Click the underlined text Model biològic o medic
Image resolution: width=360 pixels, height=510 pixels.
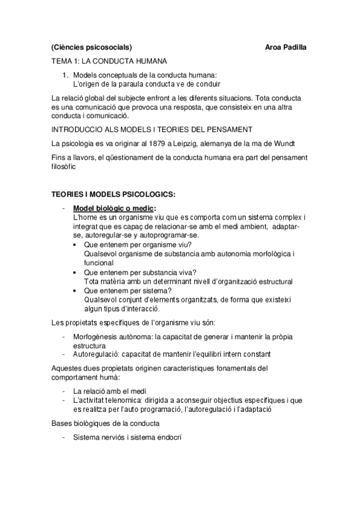[x=112, y=208]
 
